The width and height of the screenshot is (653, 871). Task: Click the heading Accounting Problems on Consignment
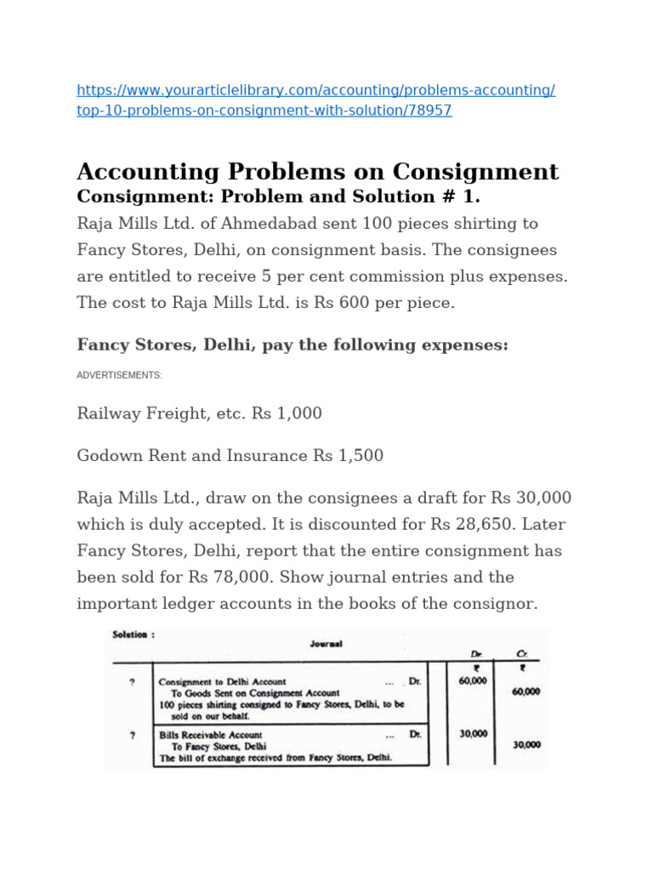tap(318, 171)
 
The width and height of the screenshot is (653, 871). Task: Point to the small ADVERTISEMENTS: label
tap(119, 375)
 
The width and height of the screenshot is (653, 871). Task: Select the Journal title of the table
tap(326, 644)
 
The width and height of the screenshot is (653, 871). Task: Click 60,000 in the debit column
tap(473, 680)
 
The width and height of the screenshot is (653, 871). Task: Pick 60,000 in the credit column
tap(525, 692)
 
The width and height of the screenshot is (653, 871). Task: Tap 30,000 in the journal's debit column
tap(473, 733)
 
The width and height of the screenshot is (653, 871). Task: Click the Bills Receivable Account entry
tap(211, 734)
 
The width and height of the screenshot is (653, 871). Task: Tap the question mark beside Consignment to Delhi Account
tap(131, 681)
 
